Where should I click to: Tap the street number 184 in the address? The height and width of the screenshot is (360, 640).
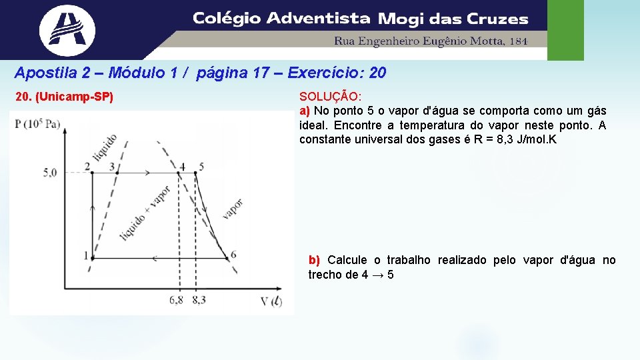pos(518,41)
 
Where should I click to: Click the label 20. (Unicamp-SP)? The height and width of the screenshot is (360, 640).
pos(65,98)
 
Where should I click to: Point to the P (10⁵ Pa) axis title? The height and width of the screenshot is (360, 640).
pos(38,123)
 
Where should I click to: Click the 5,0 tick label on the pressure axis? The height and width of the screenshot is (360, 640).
pos(50,173)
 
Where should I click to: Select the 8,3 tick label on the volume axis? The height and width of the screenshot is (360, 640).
pos(199,300)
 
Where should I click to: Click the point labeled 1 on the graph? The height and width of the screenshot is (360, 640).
pos(92,257)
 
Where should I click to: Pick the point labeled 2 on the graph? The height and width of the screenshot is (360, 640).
pos(92,173)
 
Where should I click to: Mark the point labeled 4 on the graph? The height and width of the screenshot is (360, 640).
pos(179,173)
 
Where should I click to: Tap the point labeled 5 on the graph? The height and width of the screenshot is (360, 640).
pos(195,173)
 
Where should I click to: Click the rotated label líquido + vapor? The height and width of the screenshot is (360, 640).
pos(145,212)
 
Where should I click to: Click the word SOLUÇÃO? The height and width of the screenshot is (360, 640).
pos(330,97)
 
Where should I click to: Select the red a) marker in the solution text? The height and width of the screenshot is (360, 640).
pos(305,111)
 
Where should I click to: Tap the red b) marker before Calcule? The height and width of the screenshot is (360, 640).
pos(314,260)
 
